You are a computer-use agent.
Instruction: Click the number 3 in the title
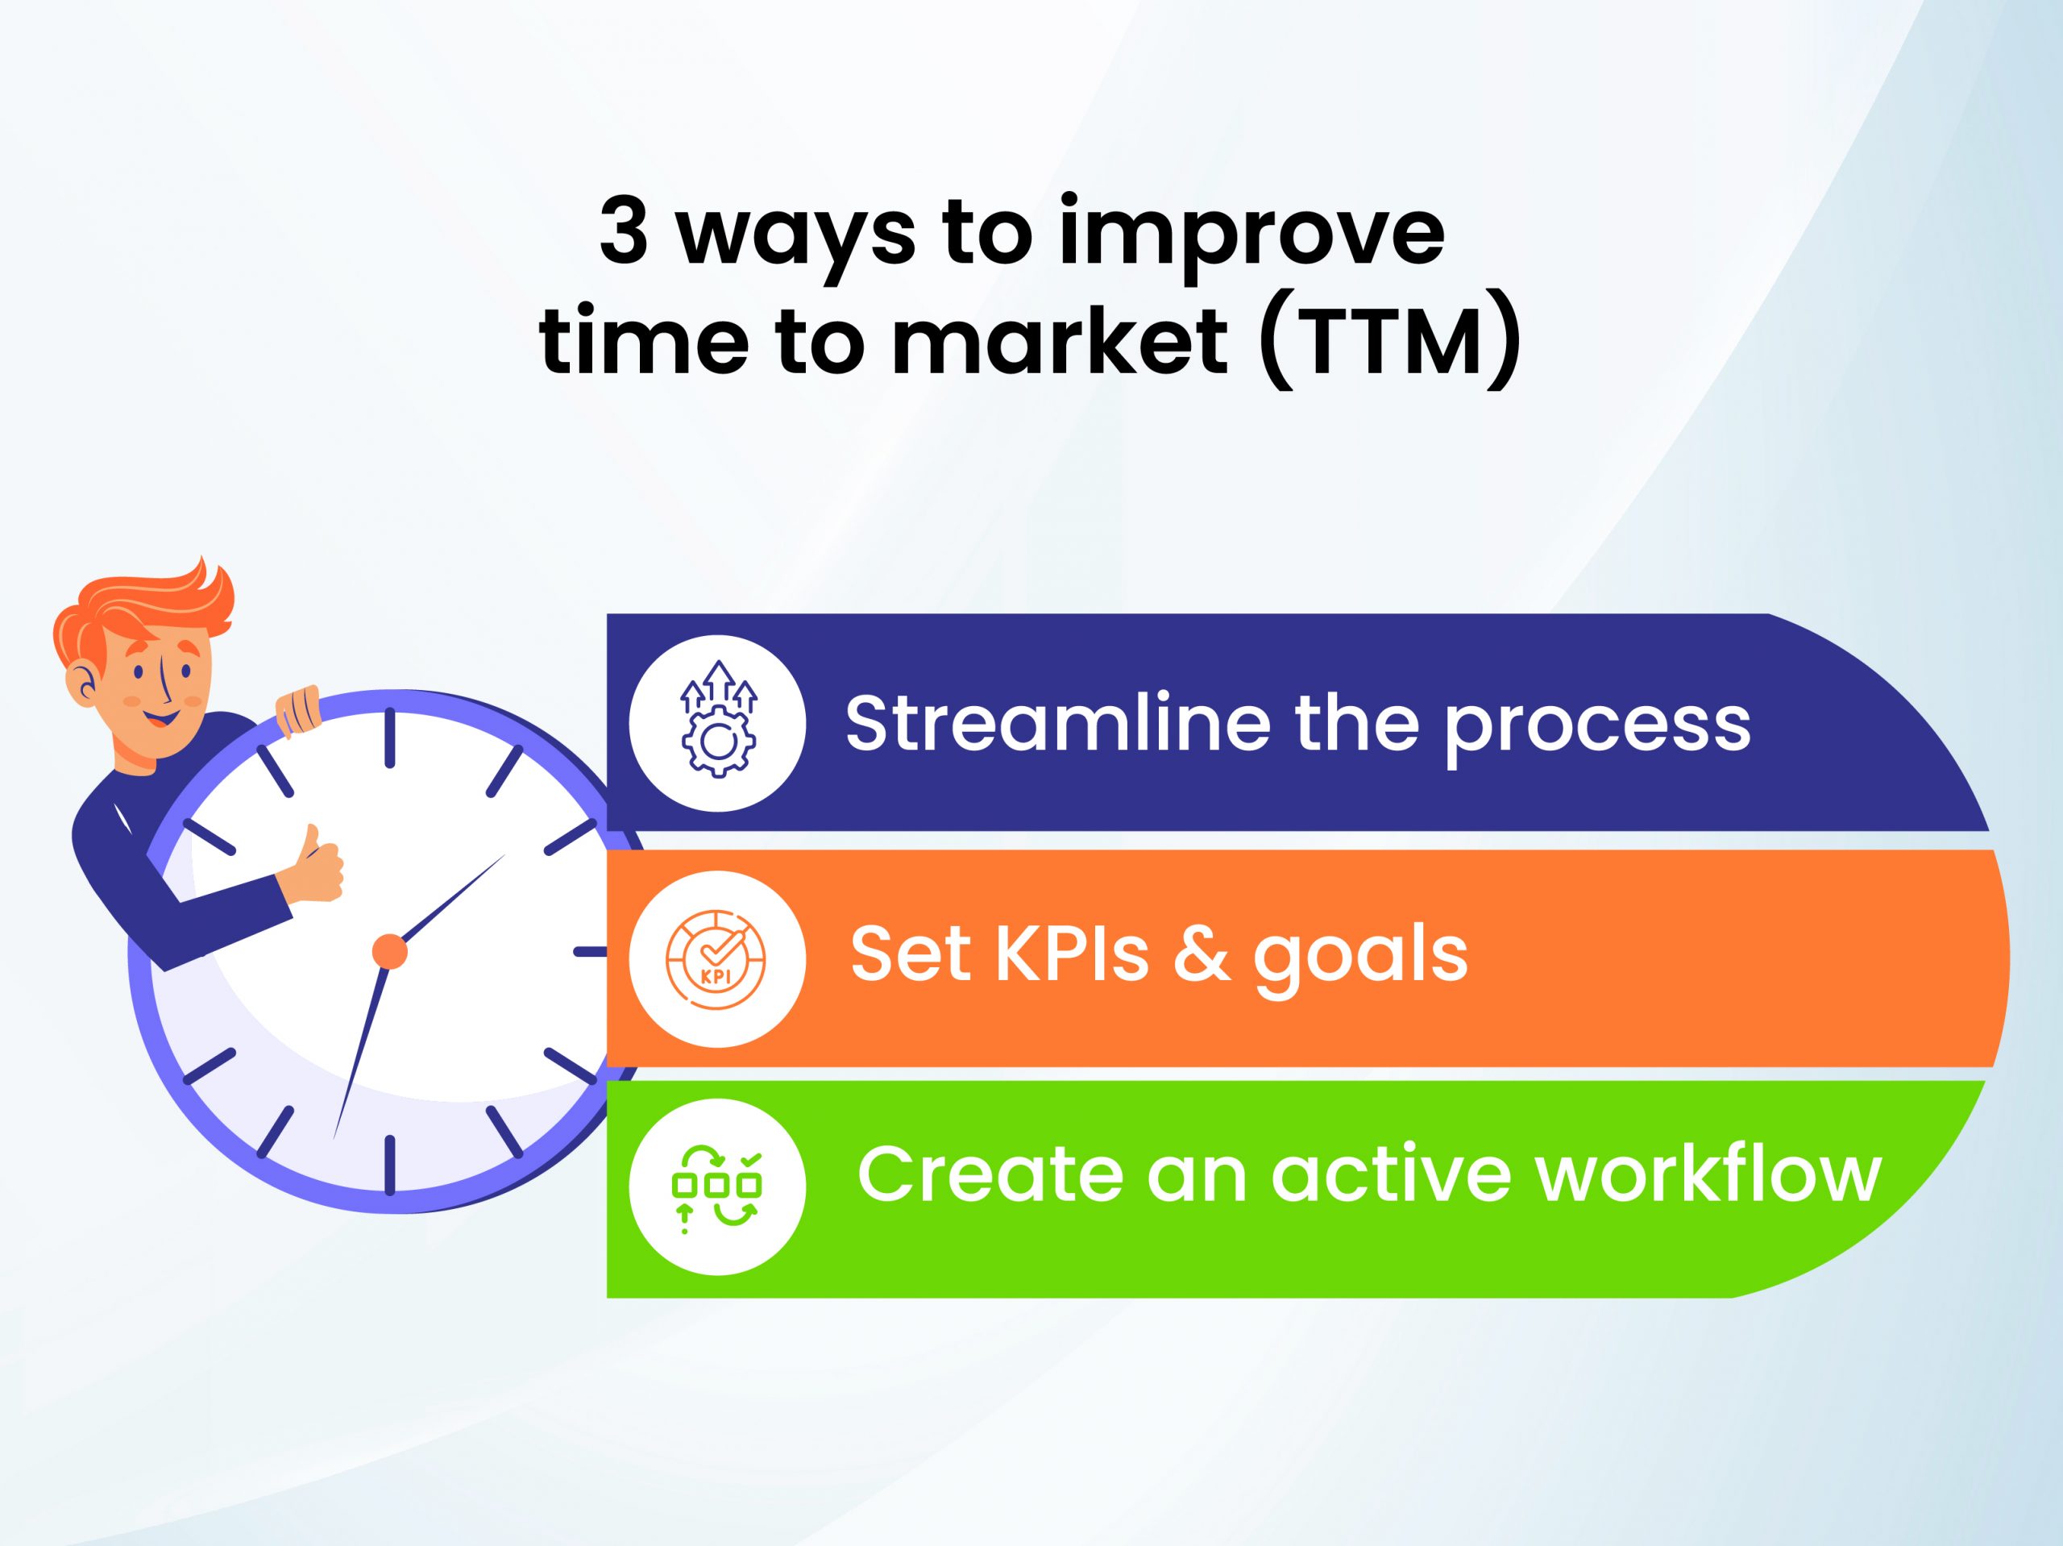(x=623, y=232)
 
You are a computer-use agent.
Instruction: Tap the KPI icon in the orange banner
(x=716, y=958)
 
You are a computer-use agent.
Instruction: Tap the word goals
(x=1361, y=962)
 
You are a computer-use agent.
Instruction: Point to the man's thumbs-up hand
(x=313, y=865)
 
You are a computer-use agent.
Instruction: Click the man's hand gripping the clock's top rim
(x=297, y=710)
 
